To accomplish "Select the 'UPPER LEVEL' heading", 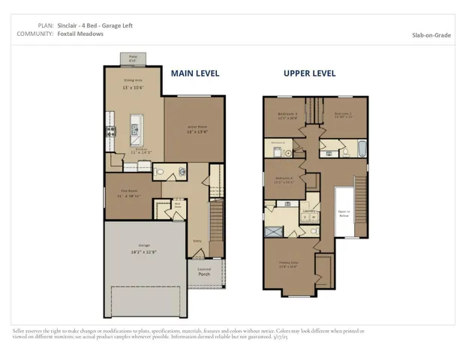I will pyautogui.click(x=309, y=73).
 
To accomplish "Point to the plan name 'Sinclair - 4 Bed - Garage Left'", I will pyautogui.click(x=95, y=25).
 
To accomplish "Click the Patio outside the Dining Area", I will pyautogui.click(x=132, y=58).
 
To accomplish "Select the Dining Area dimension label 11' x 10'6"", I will pyautogui.click(x=132, y=88).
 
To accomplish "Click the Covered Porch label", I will pyautogui.click(x=204, y=272).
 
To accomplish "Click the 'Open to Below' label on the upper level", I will pyautogui.click(x=343, y=212).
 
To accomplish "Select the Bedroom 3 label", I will pyautogui.click(x=284, y=115).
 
